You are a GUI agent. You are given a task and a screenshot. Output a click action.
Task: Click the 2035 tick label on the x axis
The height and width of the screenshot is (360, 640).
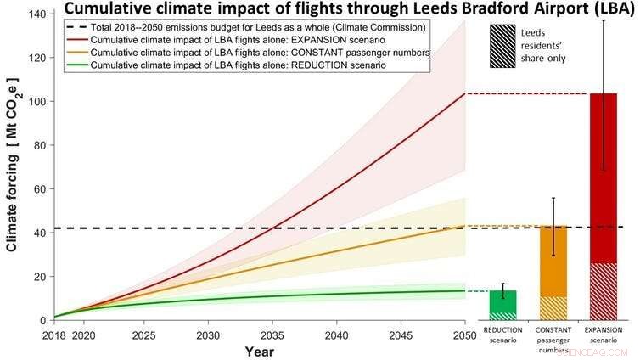tap(273, 335)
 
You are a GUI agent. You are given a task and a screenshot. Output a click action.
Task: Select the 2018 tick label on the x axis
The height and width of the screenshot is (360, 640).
tap(54, 335)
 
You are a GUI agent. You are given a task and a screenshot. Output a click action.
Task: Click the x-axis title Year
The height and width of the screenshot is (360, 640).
tap(260, 350)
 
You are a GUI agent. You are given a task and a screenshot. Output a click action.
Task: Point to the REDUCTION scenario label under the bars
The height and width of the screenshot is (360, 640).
tap(502, 334)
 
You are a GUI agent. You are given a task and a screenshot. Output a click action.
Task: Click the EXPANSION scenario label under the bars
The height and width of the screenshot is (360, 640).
tap(603, 334)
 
